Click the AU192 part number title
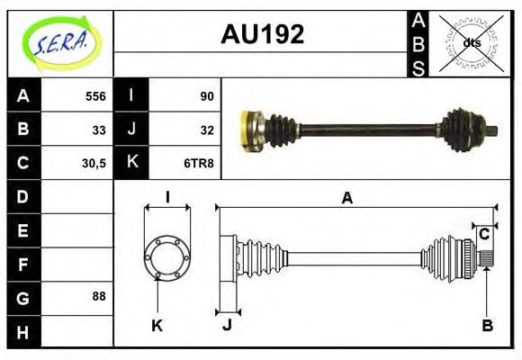point(262,35)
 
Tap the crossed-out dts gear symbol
point(471,42)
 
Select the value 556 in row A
point(94,95)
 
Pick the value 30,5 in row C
point(92,163)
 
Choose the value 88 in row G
point(98,296)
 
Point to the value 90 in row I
point(206,95)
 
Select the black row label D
point(22,196)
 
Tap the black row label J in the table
point(131,129)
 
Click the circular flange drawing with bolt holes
point(166,257)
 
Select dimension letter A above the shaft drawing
point(347,199)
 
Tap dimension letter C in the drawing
point(484,235)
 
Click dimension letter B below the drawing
point(487,326)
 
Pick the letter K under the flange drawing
point(157,326)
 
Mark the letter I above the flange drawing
point(167,198)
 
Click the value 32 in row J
point(206,129)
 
